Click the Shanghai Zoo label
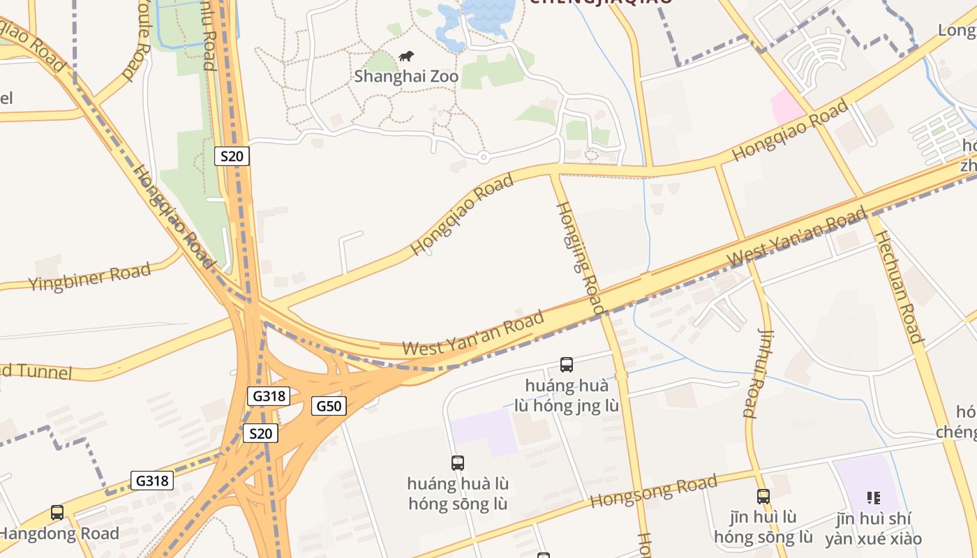pyautogui.click(x=406, y=75)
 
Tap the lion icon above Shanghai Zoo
pyautogui.click(x=406, y=56)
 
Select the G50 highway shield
pyautogui.click(x=329, y=406)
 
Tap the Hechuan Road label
pyautogui.click(x=898, y=286)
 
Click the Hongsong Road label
pyautogui.click(x=653, y=491)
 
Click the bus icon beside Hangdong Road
pyautogui.click(x=57, y=513)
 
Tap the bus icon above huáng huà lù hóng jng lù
pyautogui.click(x=567, y=364)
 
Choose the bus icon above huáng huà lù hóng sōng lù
pyautogui.click(x=458, y=462)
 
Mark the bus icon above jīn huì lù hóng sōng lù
pyautogui.click(x=763, y=497)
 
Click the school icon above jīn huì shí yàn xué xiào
pyautogui.click(x=873, y=498)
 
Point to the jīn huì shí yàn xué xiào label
pyautogui.click(x=873, y=529)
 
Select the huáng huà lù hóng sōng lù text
pyautogui.click(x=458, y=493)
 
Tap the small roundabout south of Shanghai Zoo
pyautogui.click(x=483, y=157)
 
